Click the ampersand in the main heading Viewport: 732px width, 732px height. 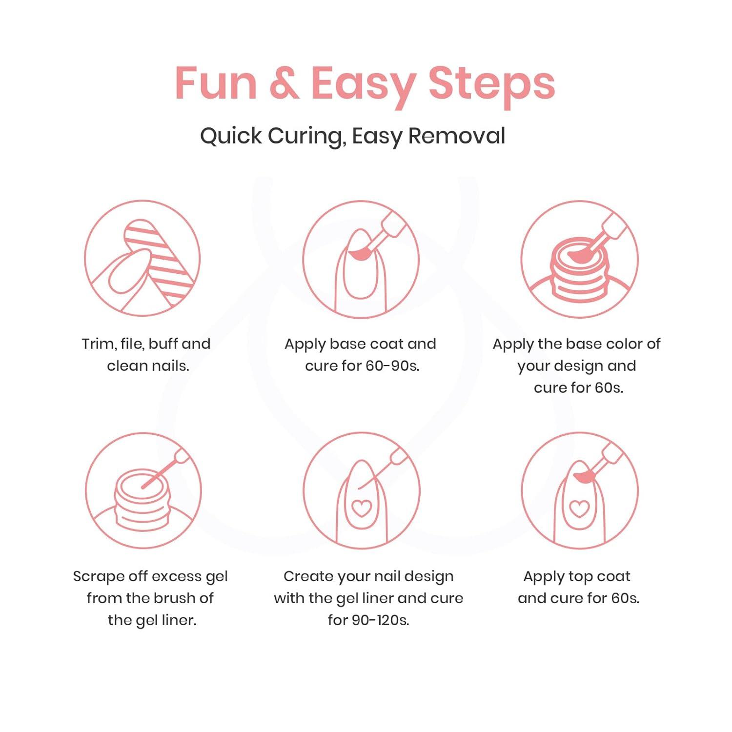(x=284, y=83)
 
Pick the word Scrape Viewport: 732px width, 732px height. (x=99, y=577)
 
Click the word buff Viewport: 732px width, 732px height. (x=163, y=344)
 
